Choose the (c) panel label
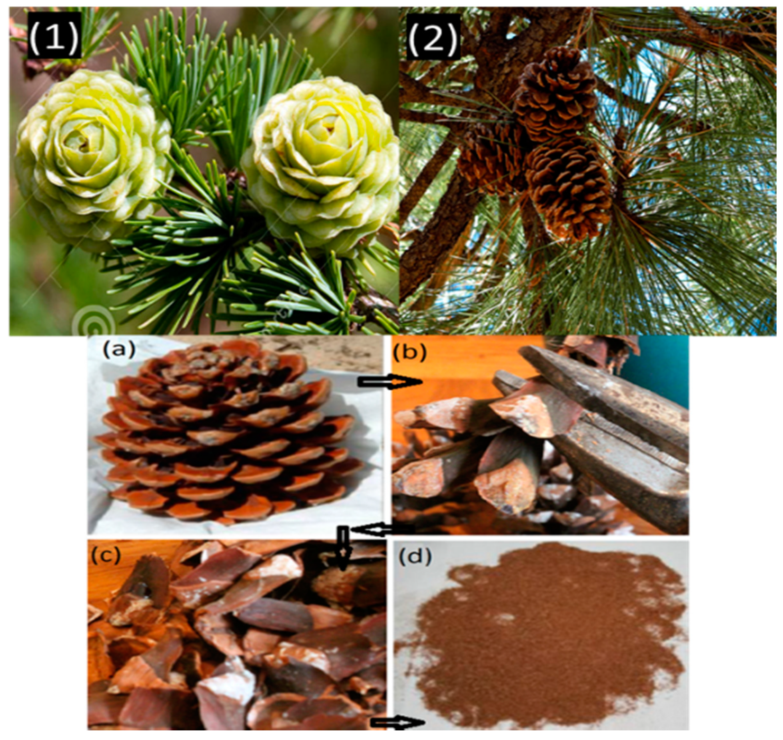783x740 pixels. pos(105,555)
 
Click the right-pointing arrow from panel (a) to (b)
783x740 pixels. pos(390,383)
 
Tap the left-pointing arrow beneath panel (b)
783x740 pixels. pos(382,530)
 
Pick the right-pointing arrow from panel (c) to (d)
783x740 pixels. pos(397,710)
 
